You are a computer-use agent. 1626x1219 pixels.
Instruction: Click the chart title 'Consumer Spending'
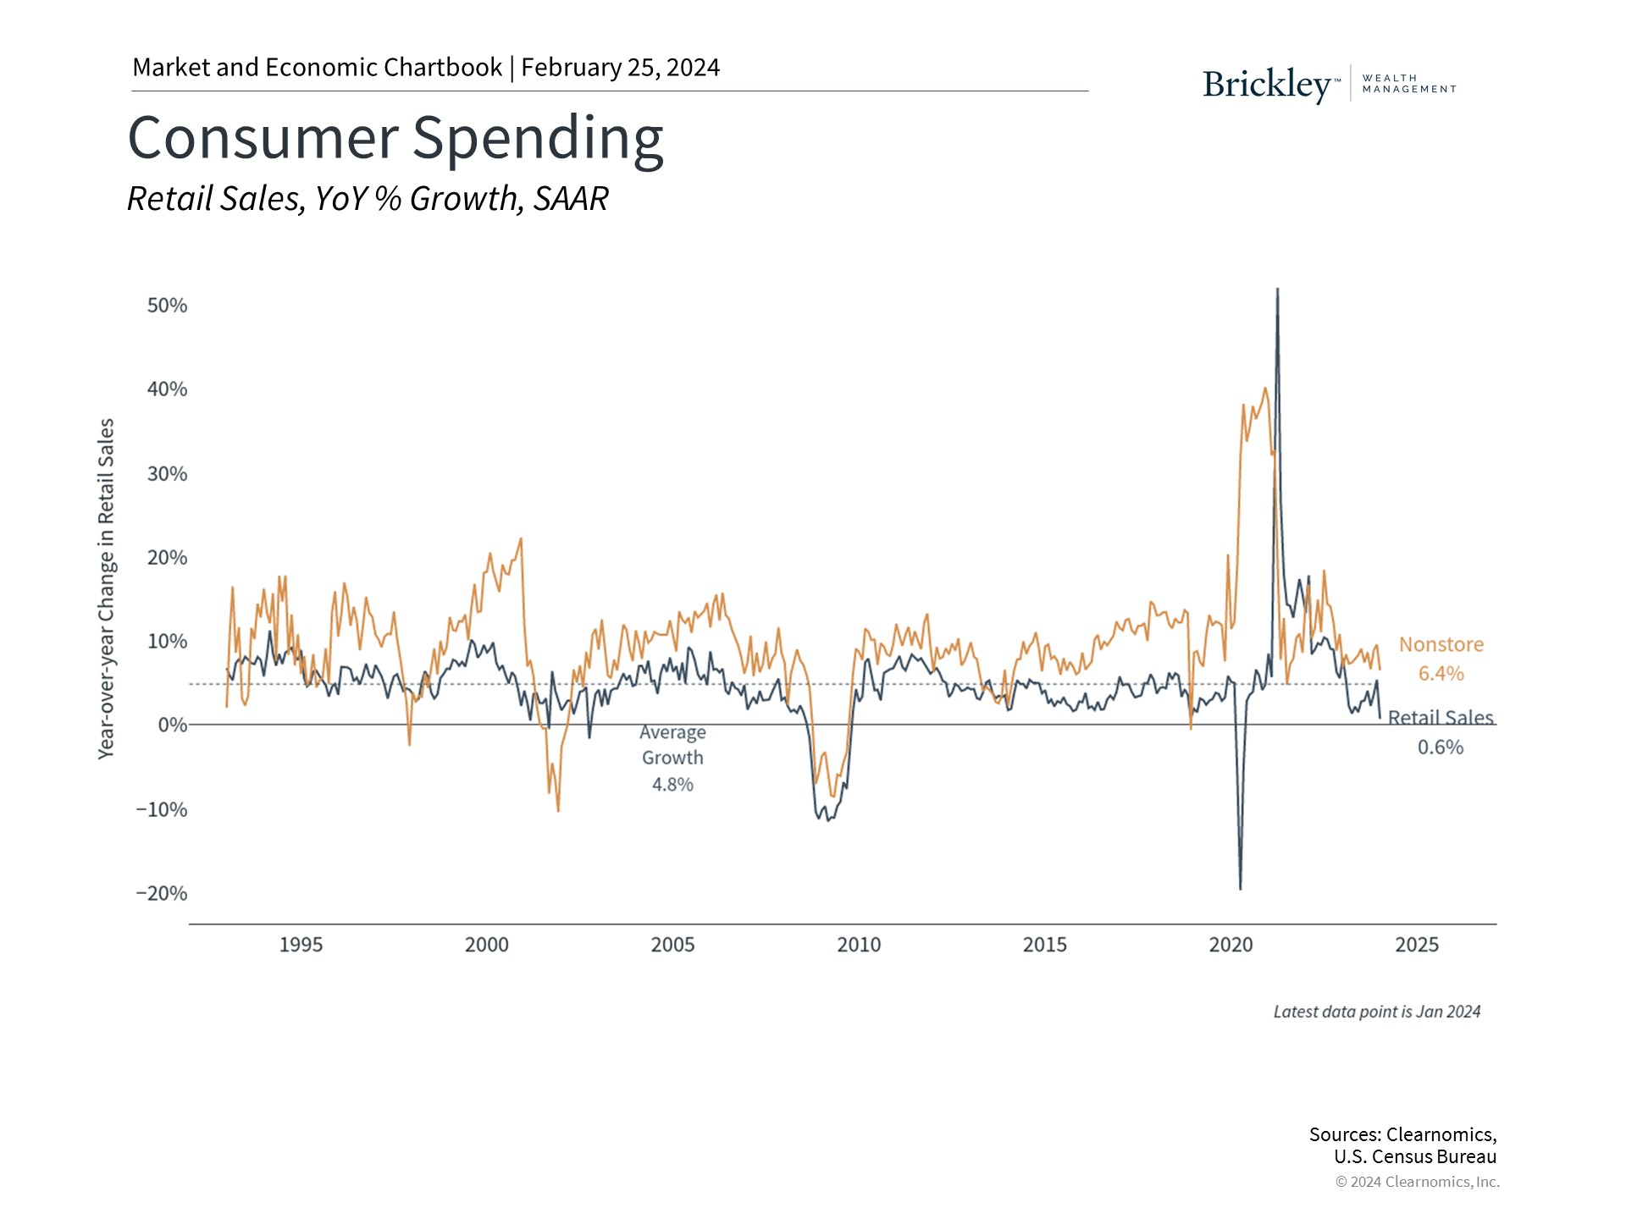click(395, 138)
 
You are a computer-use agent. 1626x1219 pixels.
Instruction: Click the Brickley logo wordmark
click(1267, 85)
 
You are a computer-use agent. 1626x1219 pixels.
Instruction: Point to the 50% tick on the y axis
click(167, 306)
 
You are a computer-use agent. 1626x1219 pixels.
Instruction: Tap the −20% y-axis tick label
click(161, 894)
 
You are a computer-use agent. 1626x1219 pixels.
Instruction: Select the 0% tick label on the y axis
click(172, 725)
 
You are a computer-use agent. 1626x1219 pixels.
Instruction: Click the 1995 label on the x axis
click(301, 945)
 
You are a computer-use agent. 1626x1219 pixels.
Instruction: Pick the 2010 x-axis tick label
click(859, 945)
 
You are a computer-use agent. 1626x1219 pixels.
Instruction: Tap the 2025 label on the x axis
click(1417, 945)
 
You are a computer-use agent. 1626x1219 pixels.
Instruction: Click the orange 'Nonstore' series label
click(1441, 645)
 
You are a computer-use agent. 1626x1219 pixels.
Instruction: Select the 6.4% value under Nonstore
click(1441, 674)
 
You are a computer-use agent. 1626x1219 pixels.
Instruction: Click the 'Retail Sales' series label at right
click(1440, 718)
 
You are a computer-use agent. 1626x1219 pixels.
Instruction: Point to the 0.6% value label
click(1440, 747)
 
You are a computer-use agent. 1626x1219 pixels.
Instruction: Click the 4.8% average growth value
click(672, 785)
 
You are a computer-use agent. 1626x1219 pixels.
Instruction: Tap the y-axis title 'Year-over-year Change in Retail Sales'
click(106, 588)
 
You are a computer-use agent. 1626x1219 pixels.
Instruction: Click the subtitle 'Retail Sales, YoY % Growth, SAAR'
click(368, 199)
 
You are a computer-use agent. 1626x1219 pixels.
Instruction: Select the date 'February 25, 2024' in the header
click(620, 68)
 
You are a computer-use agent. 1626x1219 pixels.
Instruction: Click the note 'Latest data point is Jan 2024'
click(1376, 1012)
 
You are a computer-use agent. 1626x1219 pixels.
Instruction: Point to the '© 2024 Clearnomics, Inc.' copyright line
click(1417, 1182)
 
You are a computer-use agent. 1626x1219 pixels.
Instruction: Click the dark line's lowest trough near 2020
click(1241, 888)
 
